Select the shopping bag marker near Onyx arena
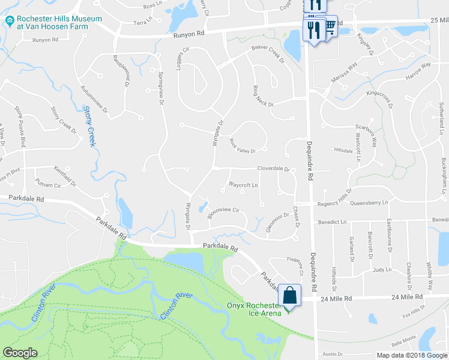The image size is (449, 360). (289, 295)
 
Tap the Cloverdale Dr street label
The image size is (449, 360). (274, 169)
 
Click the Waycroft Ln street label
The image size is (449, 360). (243, 185)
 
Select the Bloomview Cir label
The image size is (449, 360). (223, 211)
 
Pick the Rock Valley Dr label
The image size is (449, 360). (243, 146)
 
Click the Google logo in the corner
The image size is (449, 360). (20, 353)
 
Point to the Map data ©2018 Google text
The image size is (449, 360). (411, 355)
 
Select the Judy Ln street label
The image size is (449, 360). (382, 270)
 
